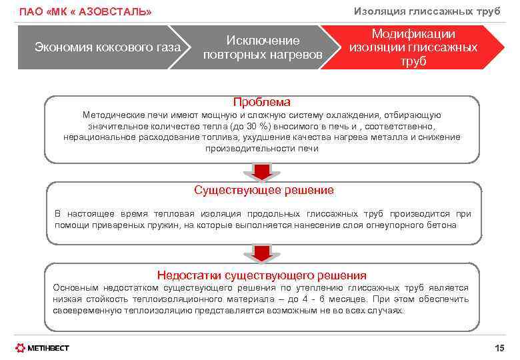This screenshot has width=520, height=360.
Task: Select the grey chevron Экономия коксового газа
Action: pos(107,47)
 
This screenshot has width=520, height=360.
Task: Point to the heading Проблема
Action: pos(262,102)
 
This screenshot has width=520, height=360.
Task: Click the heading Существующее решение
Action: pos(264,190)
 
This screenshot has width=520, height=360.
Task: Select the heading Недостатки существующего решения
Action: pos(261,275)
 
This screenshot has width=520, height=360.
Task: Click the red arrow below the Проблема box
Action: pos(262,171)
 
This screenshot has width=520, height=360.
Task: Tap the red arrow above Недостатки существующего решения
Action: pos(262,253)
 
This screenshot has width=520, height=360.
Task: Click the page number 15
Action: pos(500,348)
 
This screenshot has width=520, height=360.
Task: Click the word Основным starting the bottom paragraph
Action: pos(75,288)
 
